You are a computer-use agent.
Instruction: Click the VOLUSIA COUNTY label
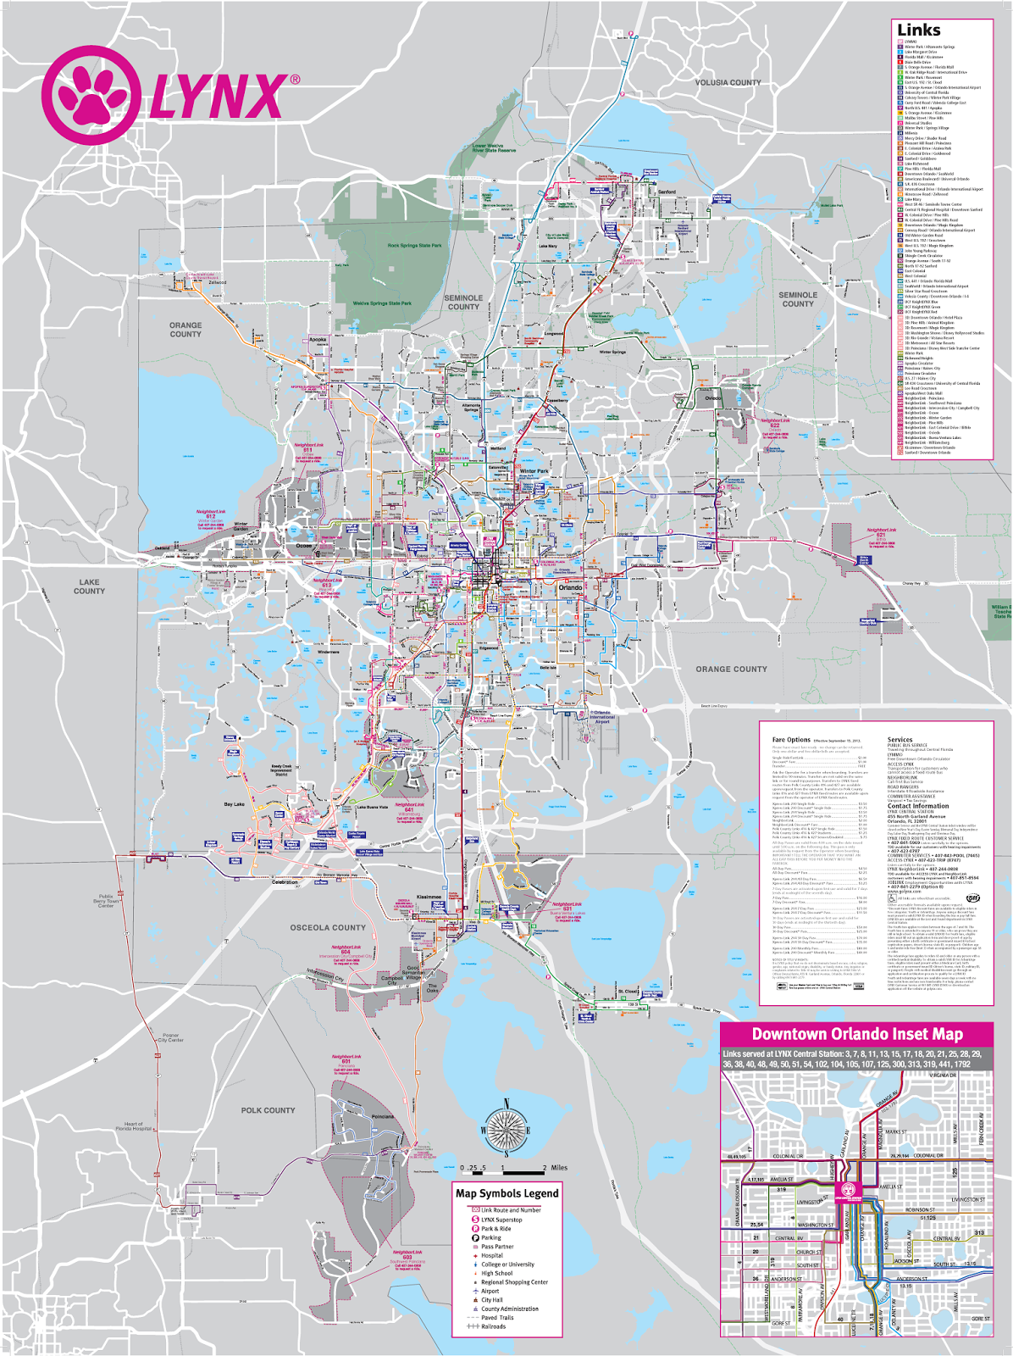pyautogui.click(x=728, y=83)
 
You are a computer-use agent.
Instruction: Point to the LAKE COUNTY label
pyautogui.click(x=89, y=586)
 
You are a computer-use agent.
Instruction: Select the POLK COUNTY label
pyautogui.click(x=268, y=1110)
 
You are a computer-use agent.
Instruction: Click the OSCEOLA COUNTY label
pyautogui.click(x=328, y=928)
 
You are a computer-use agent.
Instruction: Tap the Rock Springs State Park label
pyautogui.click(x=414, y=246)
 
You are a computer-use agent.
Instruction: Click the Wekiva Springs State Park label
pyautogui.click(x=382, y=303)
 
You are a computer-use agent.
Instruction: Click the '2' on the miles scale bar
pyautogui.click(x=545, y=1168)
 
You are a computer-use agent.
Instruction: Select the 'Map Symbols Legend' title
pyautogui.click(x=506, y=1193)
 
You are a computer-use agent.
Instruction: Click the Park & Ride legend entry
pyautogui.click(x=495, y=1228)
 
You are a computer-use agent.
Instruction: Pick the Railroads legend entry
pyautogui.click(x=493, y=1326)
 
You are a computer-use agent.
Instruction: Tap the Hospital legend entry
pyautogui.click(x=491, y=1255)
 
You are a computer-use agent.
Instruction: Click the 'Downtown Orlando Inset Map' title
pyautogui.click(x=856, y=1034)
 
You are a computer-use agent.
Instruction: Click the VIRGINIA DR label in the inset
pyautogui.click(x=942, y=1075)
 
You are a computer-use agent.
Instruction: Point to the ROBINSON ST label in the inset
pyautogui.click(x=920, y=1210)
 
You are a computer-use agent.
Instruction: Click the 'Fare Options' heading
pyautogui.click(x=791, y=740)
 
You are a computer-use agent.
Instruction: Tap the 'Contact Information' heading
pyautogui.click(x=917, y=806)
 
